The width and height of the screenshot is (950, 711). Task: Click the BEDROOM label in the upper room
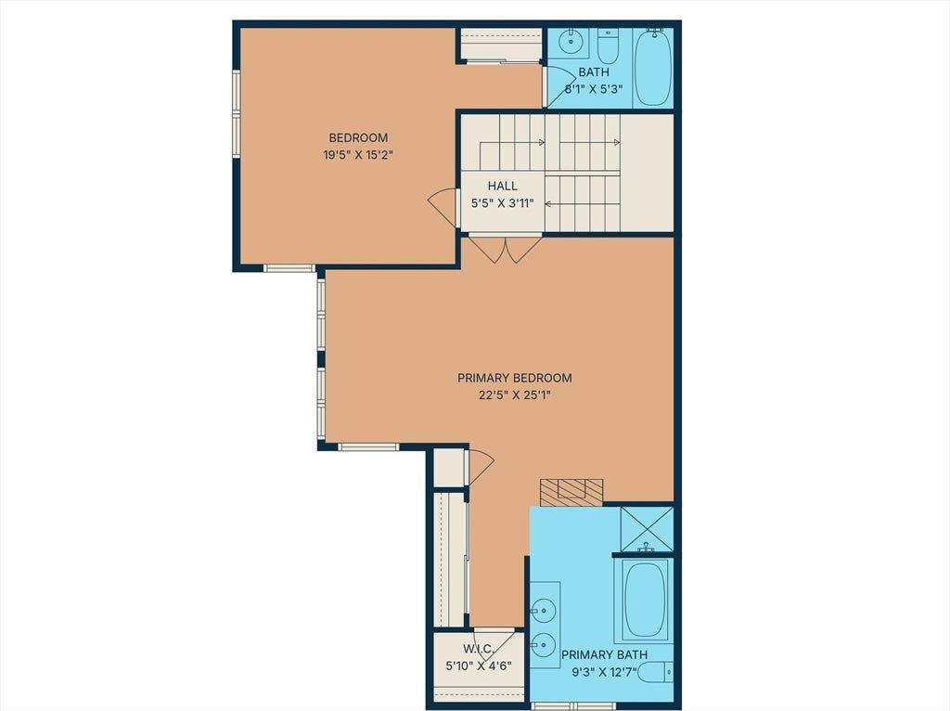coord(358,137)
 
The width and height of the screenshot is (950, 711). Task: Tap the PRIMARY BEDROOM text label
coord(514,378)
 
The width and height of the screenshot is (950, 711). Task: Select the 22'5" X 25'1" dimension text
coord(514,395)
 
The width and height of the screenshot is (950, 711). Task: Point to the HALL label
coord(502,186)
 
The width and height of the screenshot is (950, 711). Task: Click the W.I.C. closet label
coord(479,649)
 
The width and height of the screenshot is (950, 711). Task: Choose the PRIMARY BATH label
coord(604,654)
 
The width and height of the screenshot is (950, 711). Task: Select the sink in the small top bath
coord(571,41)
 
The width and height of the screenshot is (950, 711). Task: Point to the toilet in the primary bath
coord(657,672)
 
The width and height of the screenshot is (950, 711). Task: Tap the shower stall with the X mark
coord(647,528)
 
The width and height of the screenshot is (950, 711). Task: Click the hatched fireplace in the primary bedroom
coord(571,492)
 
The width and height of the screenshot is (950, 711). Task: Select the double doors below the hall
coord(506,250)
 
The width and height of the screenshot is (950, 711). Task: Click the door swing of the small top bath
coord(559,86)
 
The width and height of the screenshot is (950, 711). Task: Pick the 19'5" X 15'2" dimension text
coord(358,155)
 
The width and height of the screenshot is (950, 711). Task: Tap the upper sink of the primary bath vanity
coord(544,607)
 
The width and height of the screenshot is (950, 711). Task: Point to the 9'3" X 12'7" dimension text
coord(604,672)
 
